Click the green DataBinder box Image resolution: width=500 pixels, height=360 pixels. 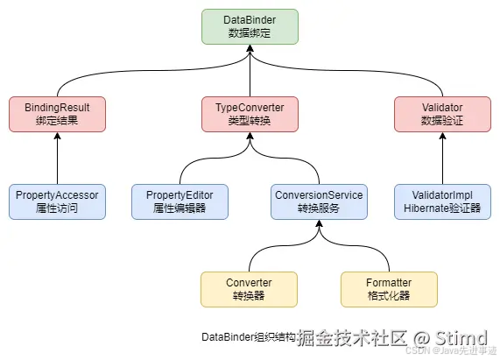[250, 26]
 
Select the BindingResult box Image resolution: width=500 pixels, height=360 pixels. [58, 114]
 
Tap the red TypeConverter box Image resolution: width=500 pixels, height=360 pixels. [250, 114]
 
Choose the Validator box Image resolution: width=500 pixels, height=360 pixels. [442, 114]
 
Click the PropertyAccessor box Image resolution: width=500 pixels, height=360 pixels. [58, 201]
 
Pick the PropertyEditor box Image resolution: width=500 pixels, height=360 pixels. [180, 201]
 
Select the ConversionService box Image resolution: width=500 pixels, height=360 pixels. [319, 201]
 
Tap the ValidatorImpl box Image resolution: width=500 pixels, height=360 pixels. [442, 201]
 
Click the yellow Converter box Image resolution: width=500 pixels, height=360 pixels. [249, 289]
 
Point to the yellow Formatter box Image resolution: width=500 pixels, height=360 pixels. [388, 289]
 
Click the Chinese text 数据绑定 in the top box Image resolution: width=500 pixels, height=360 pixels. [250, 33]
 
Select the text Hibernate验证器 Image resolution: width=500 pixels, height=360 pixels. [442, 208]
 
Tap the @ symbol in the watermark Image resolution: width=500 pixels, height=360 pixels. [423, 337]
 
